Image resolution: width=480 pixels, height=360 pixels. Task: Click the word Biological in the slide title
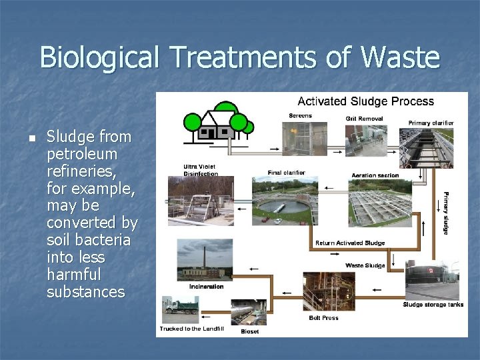(99, 57)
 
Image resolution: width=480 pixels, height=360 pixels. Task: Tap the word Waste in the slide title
(402, 57)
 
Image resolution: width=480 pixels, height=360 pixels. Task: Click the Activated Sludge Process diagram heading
(365, 102)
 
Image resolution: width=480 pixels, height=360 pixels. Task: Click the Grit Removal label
(364, 119)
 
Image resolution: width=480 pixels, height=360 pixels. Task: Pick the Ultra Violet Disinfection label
(201, 170)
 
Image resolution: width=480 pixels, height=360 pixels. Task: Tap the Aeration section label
(375, 176)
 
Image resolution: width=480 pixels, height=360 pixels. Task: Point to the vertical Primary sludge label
(446, 213)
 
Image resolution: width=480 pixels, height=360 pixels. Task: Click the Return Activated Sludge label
(350, 243)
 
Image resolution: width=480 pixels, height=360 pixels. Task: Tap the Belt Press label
(323, 318)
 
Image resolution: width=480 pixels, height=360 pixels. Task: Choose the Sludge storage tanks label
(433, 305)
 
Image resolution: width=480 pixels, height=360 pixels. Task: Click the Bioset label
(250, 331)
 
